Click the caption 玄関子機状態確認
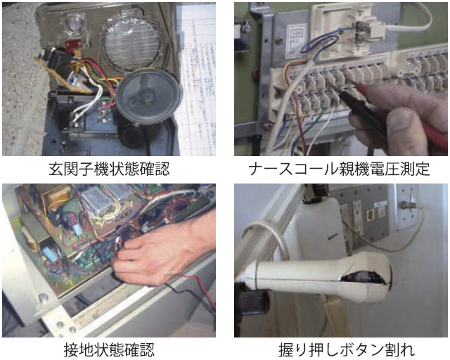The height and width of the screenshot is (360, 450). [109, 169]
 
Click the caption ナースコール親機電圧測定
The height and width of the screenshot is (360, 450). [340, 169]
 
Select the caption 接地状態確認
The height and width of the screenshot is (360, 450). [109, 349]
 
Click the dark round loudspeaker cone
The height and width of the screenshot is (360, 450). [148, 96]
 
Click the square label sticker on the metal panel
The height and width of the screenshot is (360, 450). [297, 40]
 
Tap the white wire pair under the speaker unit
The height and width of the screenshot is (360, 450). [86, 106]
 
